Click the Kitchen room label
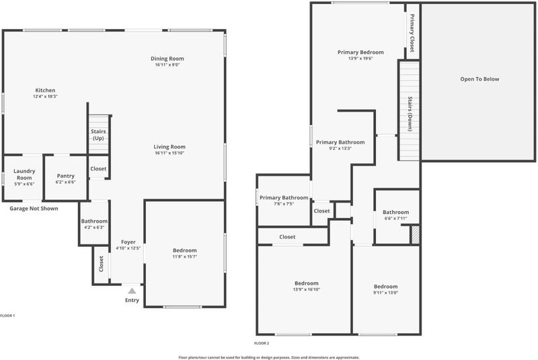45,90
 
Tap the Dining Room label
167,59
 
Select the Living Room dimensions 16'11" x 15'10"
169,153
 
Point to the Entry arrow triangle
132,291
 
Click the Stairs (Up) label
98,135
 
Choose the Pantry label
65,176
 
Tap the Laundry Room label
24,174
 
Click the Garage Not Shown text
34,209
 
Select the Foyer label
128,242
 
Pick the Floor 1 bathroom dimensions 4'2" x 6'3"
94,227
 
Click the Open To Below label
479,79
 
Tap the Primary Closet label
412,32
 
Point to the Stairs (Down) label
410,114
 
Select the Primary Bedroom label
360,52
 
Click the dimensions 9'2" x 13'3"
340,148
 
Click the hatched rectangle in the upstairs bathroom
415,235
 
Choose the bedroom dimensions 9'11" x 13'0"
385,293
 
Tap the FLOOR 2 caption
262,343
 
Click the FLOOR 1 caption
7,316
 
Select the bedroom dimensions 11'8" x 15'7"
184,256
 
